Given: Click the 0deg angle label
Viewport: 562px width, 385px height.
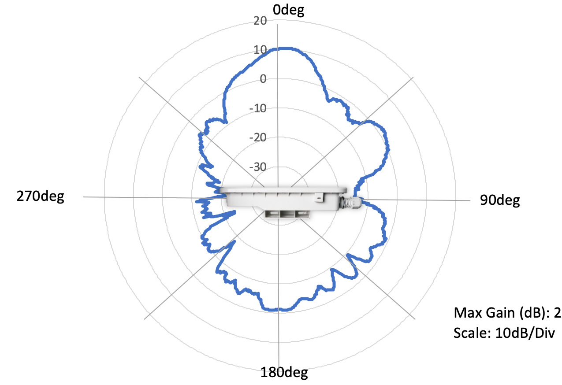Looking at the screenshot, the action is click(289, 10).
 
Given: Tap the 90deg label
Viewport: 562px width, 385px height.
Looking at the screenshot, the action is click(500, 200).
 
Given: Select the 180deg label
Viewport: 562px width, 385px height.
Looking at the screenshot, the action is click(284, 372).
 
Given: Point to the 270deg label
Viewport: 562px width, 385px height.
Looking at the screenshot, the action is click(41, 196).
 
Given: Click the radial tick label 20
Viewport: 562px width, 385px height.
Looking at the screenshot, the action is click(260, 21).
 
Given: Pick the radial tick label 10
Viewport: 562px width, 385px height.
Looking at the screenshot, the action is click(260, 50).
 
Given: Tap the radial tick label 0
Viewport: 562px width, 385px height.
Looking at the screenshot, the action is click(263, 79).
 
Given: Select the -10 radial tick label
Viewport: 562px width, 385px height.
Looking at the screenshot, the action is click(258, 108).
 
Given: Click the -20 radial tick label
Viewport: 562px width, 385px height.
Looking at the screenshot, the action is click(258, 137).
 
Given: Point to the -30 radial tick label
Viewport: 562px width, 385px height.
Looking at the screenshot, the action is click(258, 167).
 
